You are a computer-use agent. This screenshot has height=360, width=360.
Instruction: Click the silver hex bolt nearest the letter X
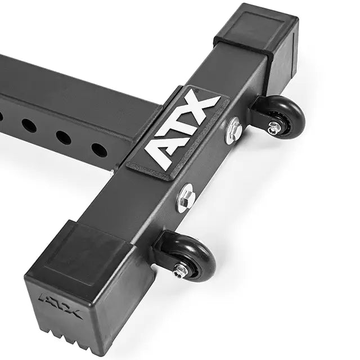point(233,130)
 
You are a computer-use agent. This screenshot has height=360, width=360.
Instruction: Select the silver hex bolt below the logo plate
point(186,199)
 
